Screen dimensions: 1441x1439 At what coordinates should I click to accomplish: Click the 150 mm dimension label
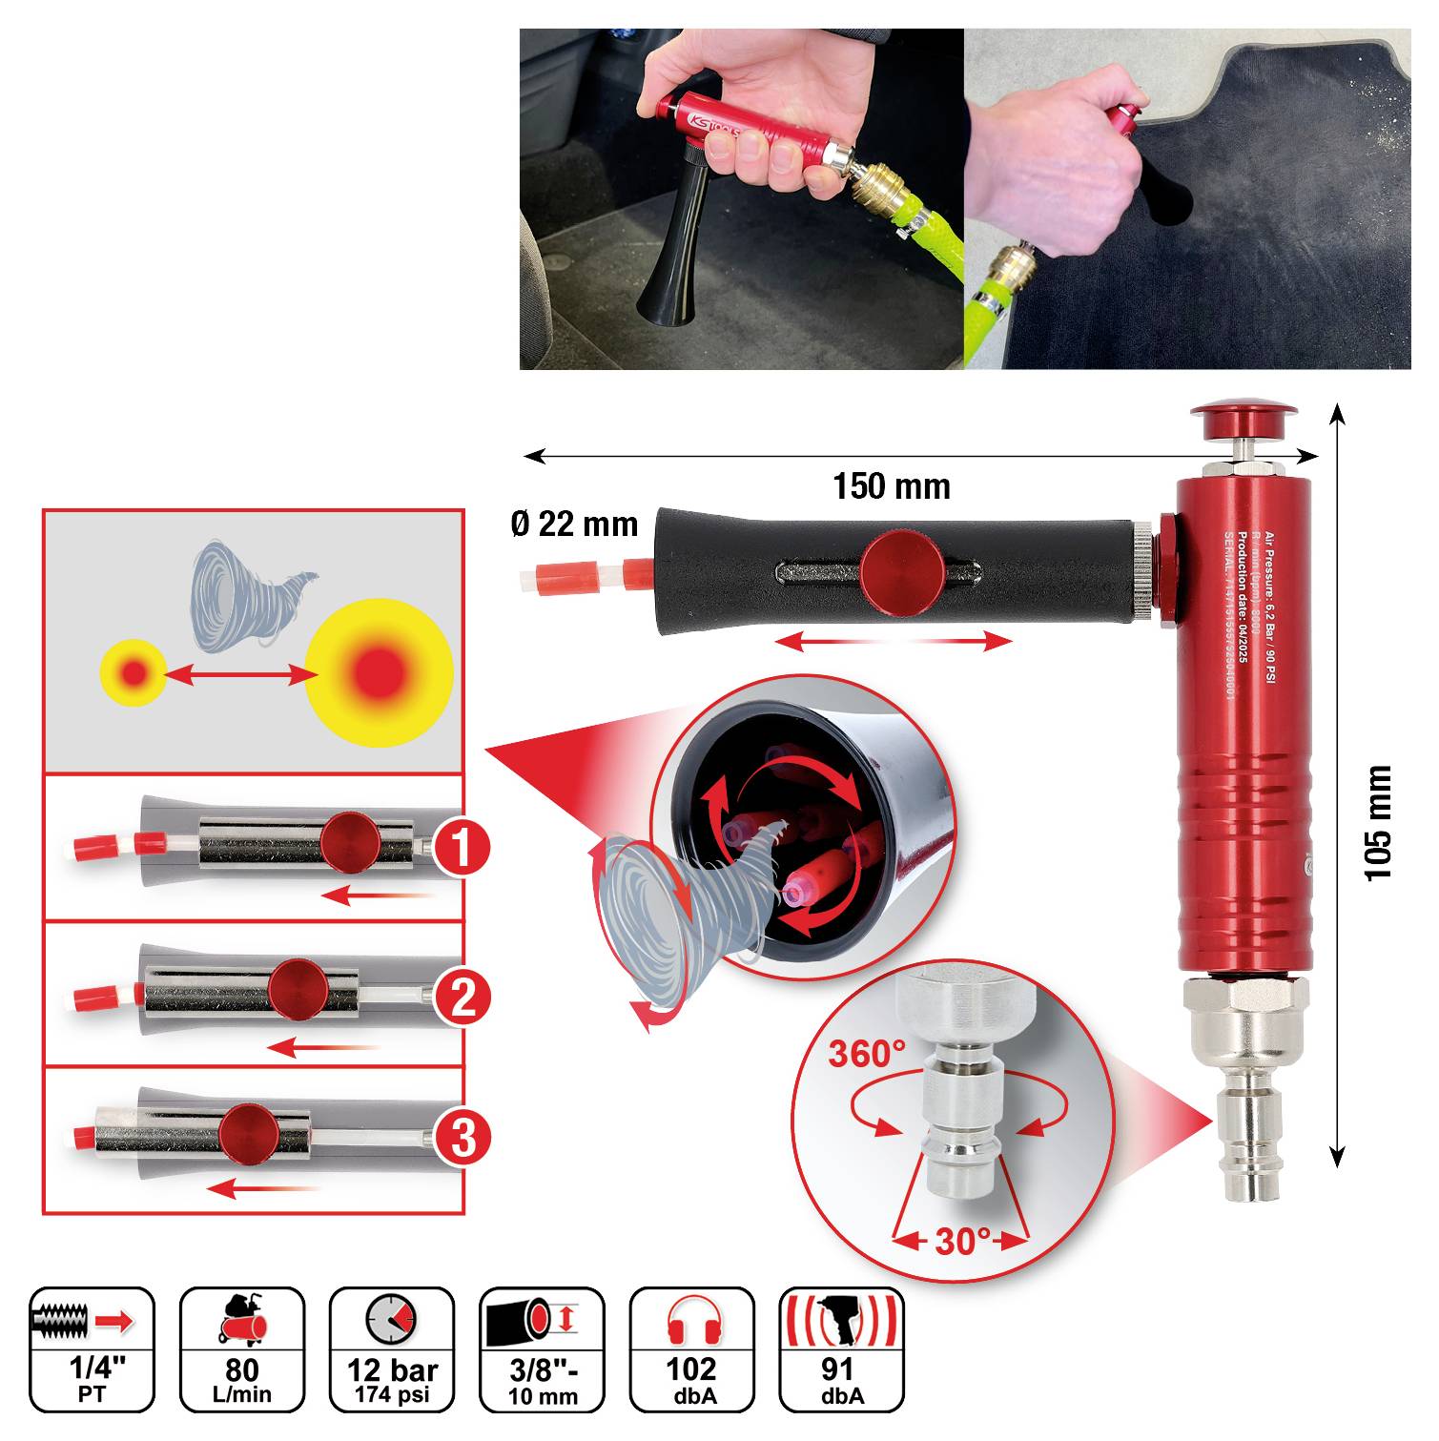point(892,487)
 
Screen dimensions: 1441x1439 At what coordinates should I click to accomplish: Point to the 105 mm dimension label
point(1379,822)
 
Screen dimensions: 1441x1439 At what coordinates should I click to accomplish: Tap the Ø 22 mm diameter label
point(574,524)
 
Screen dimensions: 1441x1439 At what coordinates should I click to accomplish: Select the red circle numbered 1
point(463,847)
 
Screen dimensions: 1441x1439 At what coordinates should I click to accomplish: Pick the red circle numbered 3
point(463,1138)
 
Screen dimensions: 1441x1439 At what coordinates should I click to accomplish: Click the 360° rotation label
point(866,1055)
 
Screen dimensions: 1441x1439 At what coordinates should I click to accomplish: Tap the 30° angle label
point(961,1241)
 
